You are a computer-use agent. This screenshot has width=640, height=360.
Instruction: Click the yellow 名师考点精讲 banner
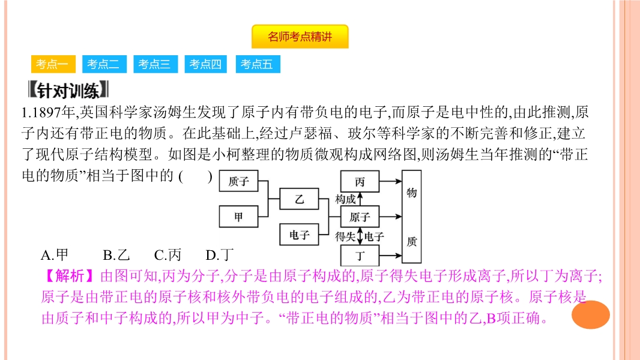click(x=300, y=37)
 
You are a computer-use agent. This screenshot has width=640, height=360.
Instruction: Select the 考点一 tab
click(x=52, y=64)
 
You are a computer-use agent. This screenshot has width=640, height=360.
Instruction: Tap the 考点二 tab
click(x=103, y=64)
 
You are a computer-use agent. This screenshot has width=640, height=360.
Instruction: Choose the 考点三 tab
click(x=155, y=64)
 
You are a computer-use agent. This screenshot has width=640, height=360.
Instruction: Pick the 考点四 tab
click(x=206, y=64)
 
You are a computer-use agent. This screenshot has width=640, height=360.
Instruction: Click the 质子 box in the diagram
click(x=238, y=181)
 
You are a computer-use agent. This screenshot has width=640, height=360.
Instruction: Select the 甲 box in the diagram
click(x=238, y=217)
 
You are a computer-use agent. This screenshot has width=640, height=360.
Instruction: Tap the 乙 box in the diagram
click(x=300, y=199)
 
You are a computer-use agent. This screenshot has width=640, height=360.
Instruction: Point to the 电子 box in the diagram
click(x=300, y=235)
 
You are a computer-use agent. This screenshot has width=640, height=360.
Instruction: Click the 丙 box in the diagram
click(x=360, y=181)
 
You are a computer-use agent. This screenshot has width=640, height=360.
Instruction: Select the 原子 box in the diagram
click(x=360, y=217)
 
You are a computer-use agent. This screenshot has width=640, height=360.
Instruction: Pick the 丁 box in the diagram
click(x=360, y=255)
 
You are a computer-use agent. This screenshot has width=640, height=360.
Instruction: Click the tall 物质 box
click(x=411, y=217)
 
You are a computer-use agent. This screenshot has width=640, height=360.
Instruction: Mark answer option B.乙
click(x=116, y=255)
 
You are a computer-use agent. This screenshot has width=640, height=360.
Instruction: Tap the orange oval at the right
click(x=590, y=314)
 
